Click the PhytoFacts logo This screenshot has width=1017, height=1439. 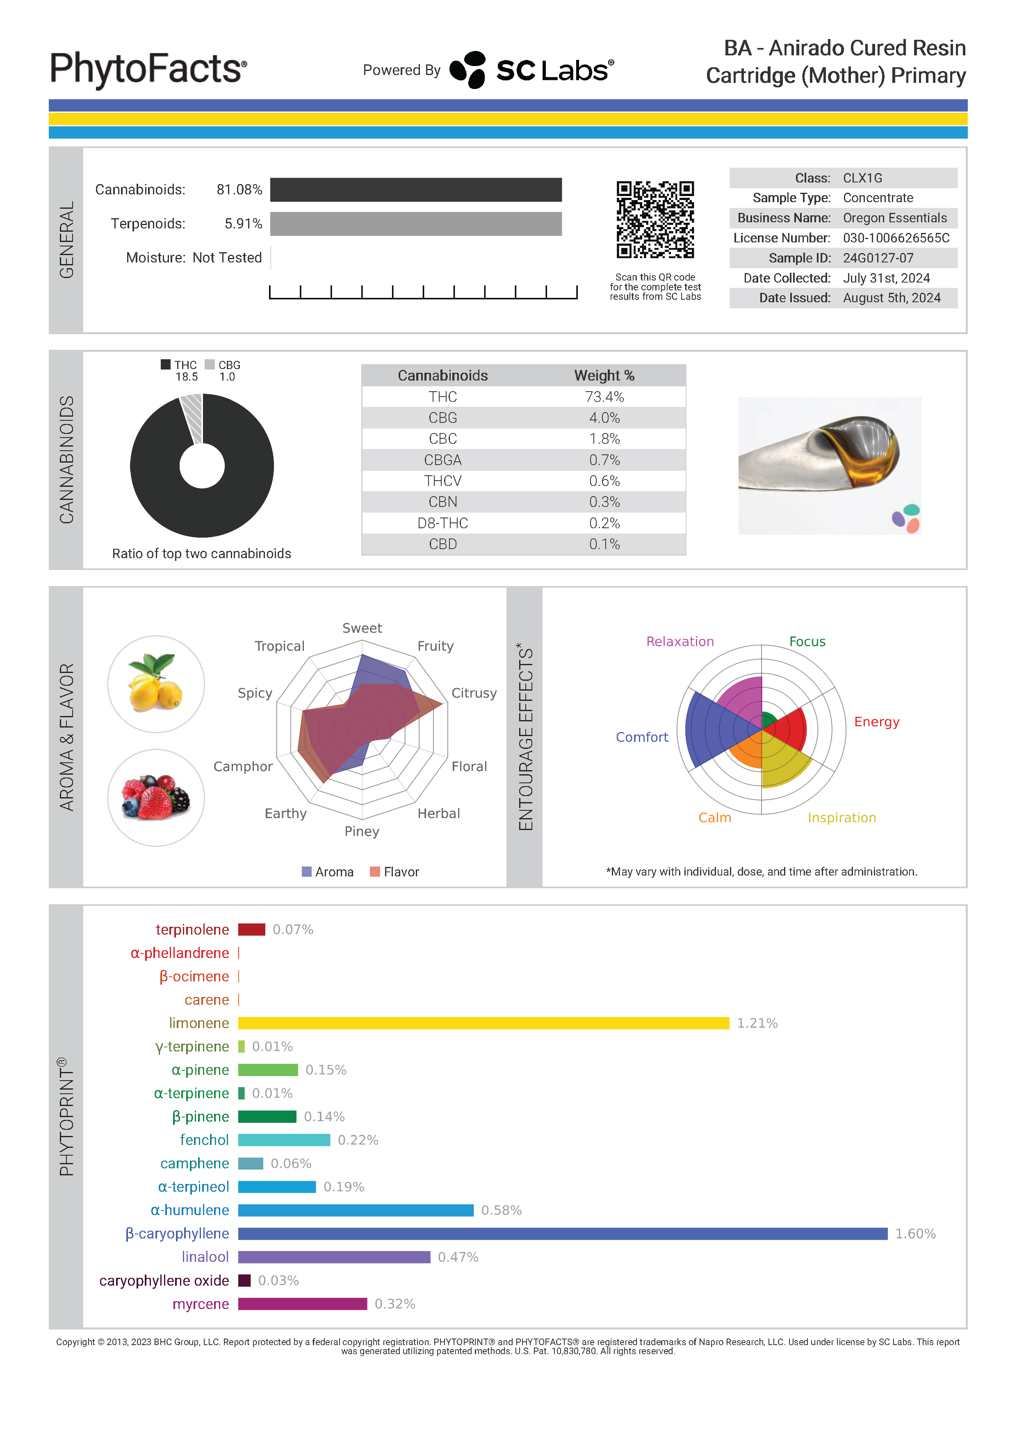[x=148, y=69]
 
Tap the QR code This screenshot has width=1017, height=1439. [x=655, y=219]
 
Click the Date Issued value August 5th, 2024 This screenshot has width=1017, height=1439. [x=891, y=298]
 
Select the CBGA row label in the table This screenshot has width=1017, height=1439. [x=442, y=460]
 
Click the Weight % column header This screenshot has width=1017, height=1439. [x=604, y=375]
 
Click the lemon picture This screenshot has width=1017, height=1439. [x=156, y=684]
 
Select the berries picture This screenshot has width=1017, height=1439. [x=156, y=797]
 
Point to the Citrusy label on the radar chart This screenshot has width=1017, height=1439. [x=474, y=693]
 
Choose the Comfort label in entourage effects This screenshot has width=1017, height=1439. [x=642, y=737]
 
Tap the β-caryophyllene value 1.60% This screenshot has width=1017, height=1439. [x=915, y=1234]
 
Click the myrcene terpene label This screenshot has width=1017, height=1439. [x=201, y=1304]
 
